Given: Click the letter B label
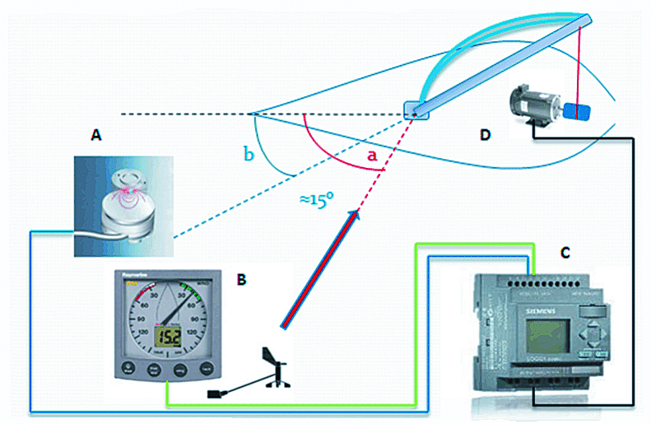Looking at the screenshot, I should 241,280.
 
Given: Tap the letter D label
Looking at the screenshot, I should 486,134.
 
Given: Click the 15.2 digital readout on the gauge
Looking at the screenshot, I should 170,337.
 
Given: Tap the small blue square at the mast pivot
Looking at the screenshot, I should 417,109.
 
